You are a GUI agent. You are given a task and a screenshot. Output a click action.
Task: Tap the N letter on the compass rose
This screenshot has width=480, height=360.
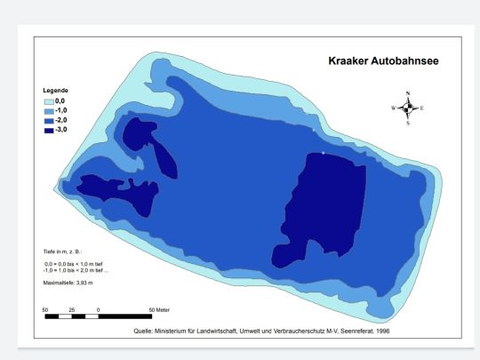[408, 92]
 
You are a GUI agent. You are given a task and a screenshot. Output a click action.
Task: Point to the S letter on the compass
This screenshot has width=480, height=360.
[408, 124]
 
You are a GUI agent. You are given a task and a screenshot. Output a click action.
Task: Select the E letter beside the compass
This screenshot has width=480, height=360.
[422, 108]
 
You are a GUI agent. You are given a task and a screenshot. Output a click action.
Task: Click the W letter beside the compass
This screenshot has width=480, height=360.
[393, 108]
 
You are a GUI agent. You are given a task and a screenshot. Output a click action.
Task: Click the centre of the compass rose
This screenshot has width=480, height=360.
[408, 108]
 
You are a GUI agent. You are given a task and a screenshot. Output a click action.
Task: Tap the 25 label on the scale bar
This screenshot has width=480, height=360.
[71, 308]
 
